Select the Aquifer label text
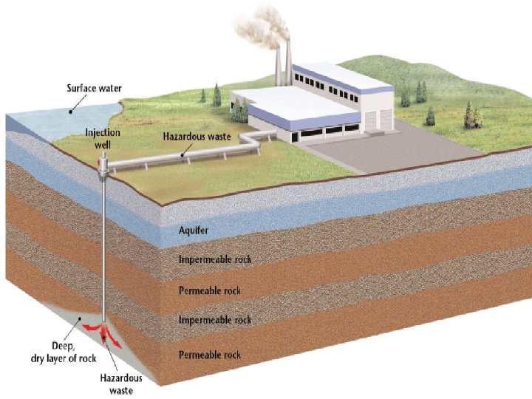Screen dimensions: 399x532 click(x=194, y=231)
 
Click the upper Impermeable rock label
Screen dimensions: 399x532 click(x=214, y=259)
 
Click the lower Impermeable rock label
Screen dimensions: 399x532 click(x=214, y=320)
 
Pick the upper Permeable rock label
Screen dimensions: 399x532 click(x=209, y=290)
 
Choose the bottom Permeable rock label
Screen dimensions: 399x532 click(x=209, y=355)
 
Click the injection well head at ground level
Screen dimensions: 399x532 click(x=103, y=168)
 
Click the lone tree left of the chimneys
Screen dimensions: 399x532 click(x=216, y=94)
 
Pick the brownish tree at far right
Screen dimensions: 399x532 click(x=468, y=114)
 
